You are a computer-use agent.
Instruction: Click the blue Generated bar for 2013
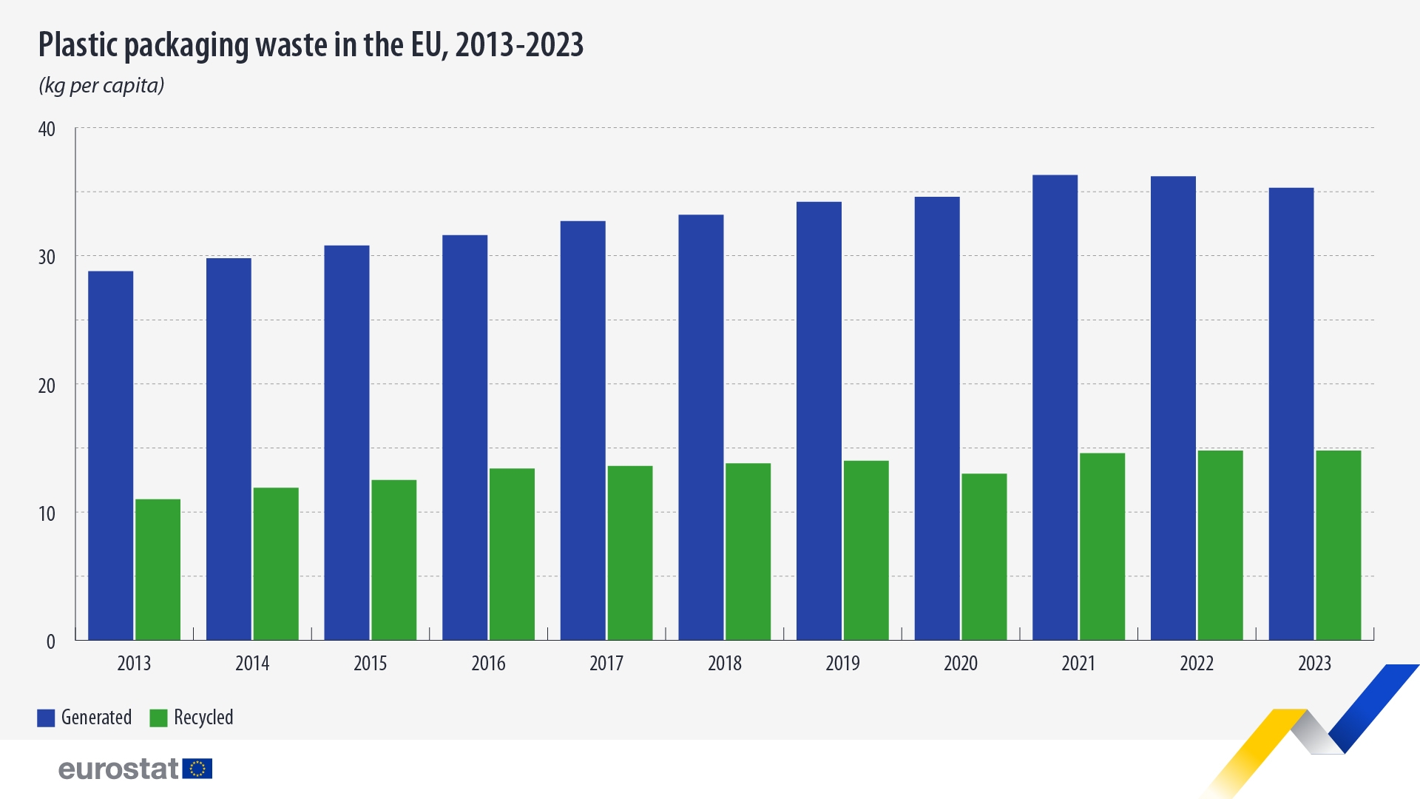tap(111, 455)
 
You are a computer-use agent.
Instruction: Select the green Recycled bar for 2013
tap(158, 570)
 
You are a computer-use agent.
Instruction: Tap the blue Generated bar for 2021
tap(1055, 407)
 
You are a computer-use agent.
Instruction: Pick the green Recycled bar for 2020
tap(984, 556)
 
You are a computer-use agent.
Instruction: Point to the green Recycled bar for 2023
tap(1338, 545)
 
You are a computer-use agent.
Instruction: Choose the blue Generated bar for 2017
tap(583, 430)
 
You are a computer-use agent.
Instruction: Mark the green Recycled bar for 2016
tap(512, 554)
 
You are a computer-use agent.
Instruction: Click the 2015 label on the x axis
tap(370, 663)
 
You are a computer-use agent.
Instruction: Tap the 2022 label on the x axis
tap(1196, 663)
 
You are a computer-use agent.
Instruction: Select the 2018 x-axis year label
tap(724, 663)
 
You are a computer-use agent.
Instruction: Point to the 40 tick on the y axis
tap(47, 129)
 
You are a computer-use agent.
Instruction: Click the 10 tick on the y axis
tap(47, 513)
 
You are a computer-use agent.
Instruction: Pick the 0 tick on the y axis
tap(50, 641)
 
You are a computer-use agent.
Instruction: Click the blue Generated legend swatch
tap(46, 718)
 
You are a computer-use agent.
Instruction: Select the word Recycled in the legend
tap(203, 718)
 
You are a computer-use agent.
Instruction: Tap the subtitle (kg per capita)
tap(101, 86)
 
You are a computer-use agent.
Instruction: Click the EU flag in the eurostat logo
tap(197, 769)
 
